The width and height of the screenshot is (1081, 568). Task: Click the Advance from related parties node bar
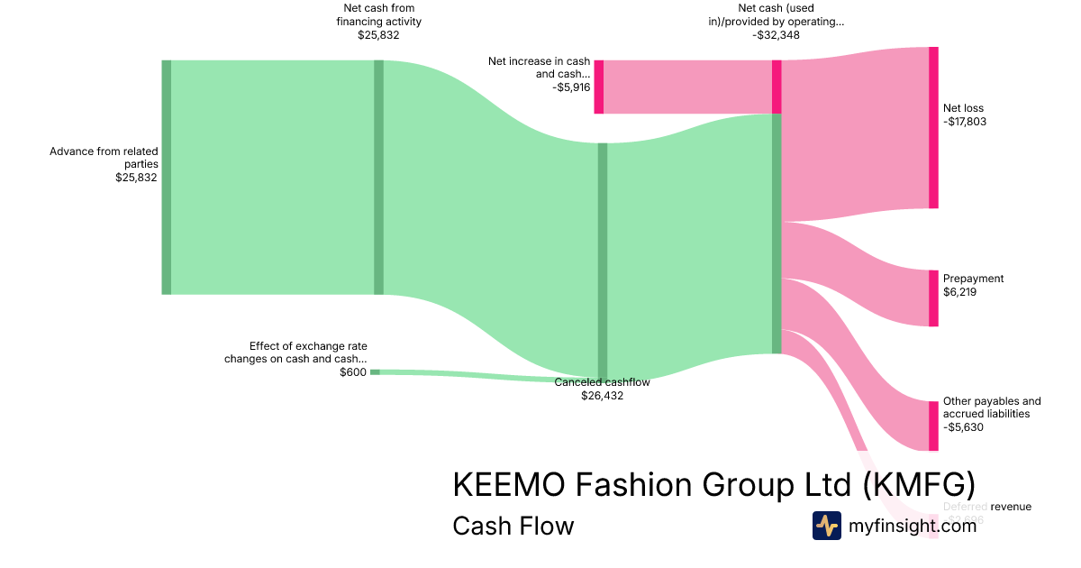pos(167,178)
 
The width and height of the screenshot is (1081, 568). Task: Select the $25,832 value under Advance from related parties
pos(136,178)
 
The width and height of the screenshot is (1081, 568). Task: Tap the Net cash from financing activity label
pos(377,15)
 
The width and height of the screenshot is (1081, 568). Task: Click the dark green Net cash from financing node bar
pos(378,178)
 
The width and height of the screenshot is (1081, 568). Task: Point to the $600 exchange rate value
pos(353,372)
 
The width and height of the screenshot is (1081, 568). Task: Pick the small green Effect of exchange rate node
pos(375,371)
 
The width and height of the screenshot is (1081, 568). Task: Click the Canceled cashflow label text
pos(602,382)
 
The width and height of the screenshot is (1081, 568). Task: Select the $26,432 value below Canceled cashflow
pos(602,395)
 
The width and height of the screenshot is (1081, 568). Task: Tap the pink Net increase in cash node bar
pos(599,87)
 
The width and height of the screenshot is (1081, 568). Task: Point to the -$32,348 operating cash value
pos(776,35)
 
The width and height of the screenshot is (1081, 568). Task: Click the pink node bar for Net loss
pos(933,127)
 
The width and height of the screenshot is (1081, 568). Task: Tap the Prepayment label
pos(973,279)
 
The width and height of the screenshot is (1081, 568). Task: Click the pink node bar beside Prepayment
pos(933,298)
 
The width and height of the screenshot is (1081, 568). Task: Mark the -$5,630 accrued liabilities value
pos(963,427)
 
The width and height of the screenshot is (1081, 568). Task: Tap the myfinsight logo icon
pos(826,526)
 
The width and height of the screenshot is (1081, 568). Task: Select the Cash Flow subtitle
pos(513,526)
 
